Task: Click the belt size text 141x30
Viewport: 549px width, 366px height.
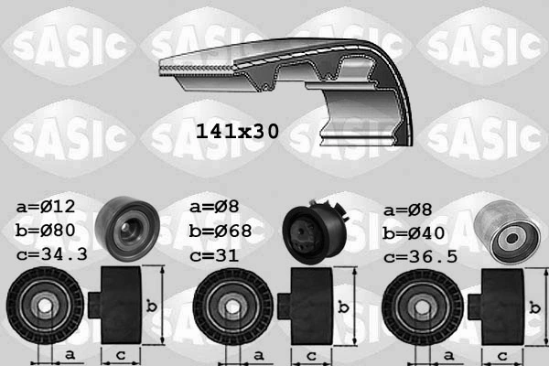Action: (237, 131)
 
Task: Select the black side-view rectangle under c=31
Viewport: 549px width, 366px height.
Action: (309, 306)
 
